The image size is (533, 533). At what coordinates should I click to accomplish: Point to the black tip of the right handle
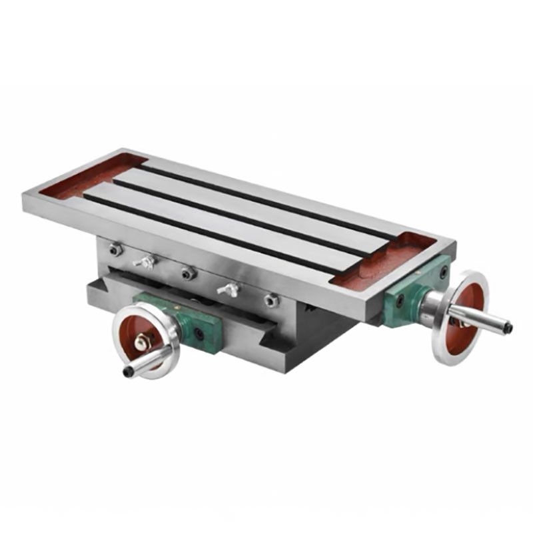508,328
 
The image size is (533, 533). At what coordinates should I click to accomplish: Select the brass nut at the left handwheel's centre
141,342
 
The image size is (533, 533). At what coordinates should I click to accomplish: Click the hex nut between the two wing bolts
188,272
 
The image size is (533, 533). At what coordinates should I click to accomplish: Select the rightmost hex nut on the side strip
270,300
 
